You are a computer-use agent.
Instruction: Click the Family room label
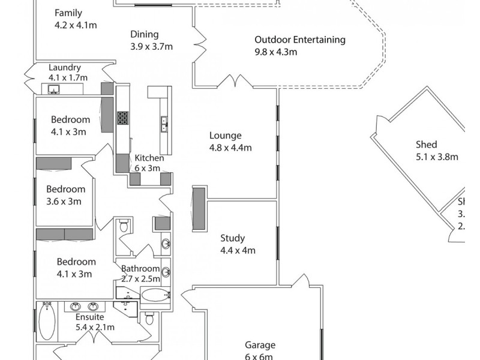click(x=68, y=13)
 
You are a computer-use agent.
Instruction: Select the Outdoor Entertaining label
click(x=299, y=40)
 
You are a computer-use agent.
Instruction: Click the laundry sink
click(x=53, y=90)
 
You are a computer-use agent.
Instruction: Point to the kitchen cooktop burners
click(x=122, y=117)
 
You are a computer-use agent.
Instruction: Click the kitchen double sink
click(x=163, y=124)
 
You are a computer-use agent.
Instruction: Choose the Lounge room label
click(x=226, y=136)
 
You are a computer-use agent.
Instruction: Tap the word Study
click(x=233, y=239)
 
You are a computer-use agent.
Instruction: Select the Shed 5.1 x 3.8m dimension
click(x=437, y=158)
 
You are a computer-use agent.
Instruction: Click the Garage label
click(x=260, y=345)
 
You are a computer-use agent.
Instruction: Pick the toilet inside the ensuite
click(x=149, y=318)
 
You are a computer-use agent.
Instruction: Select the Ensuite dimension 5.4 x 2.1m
click(x=95, y=328)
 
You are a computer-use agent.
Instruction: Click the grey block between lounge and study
click(x=199, y=208)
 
